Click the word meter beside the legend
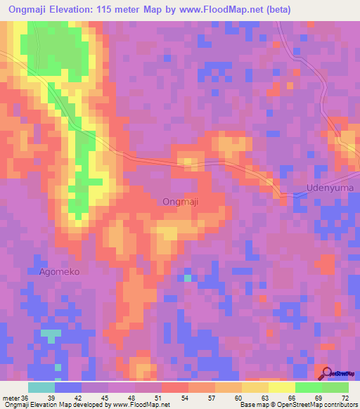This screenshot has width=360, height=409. click(11, 398)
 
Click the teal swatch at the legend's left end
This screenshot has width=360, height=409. click(41, 388)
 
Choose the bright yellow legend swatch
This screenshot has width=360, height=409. click(281, 388)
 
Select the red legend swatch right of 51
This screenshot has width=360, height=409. click(174, 388)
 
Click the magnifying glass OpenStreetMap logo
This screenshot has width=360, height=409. click(325, 374)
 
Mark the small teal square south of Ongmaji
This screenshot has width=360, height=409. click(187, 278)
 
